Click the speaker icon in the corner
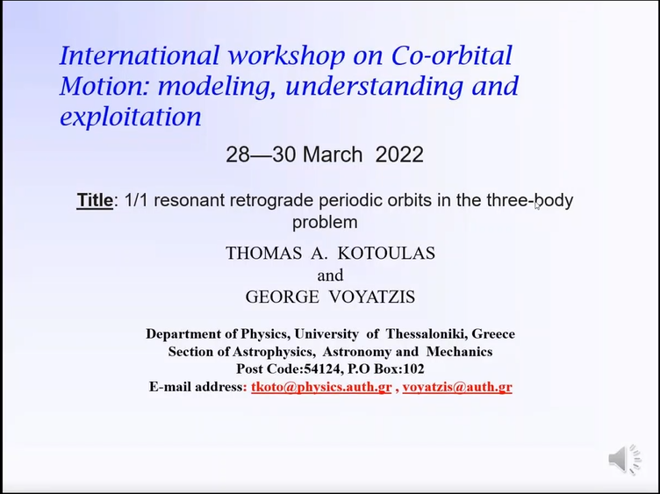625,459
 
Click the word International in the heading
140,55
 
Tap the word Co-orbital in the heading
452,55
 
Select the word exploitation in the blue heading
131,117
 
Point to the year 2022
399,154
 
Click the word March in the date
333,154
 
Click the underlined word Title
95,200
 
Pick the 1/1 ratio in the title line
136,200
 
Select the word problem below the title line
325,223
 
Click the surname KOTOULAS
386,253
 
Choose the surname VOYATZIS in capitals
372,297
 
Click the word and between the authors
330,276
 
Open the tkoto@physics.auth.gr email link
321,387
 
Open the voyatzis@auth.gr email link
457,387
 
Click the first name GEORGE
282,297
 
